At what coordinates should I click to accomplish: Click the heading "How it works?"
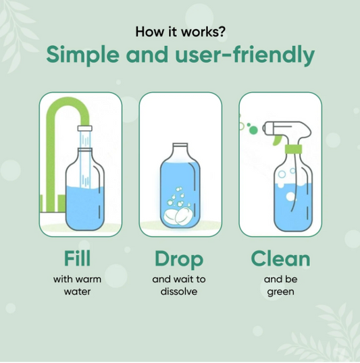[x=180, y=31]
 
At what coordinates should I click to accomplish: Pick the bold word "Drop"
[x=180, y=258]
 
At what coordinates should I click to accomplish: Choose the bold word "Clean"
[x=280, y=258]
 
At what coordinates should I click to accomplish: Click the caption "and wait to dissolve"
[x=180, y=285]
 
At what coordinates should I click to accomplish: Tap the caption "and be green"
[x=280, y=285]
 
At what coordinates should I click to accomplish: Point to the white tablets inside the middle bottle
[x=178, y=217]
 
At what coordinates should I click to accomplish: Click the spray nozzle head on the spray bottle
[x=280, y=128]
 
